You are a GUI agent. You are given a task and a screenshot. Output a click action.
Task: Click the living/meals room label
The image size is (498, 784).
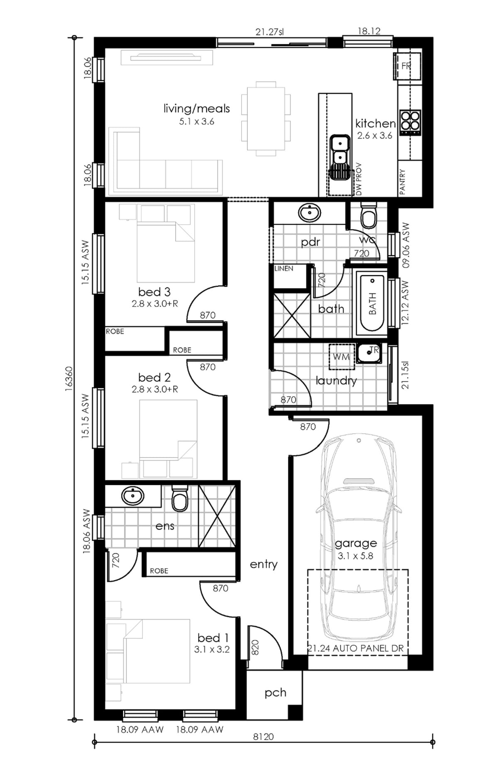pyautogui.click(x=196, y=109)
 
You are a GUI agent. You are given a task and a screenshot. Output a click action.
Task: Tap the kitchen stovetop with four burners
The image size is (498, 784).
pyautogui.click(x=410, y=122)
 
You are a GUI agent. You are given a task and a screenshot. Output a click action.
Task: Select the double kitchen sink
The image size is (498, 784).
pyautogui.click(x=340, y=150)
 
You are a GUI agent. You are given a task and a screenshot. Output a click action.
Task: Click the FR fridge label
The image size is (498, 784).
pyautogui.click(x=406, y=66)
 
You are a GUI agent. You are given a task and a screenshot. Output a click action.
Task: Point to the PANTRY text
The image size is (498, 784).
pyautogui.click(x=402, y=181)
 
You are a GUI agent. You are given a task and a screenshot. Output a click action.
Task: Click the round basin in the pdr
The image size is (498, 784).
pyautogui.click(x=309, y=213)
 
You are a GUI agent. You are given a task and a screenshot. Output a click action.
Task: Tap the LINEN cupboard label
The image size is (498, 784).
pyautogui.click(x=284, y=269)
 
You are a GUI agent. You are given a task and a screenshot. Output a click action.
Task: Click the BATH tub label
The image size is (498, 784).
pyautogui.click(x=372, y=303)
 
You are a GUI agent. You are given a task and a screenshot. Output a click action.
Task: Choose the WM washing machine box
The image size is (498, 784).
pyautogui.click(x=341, y=357)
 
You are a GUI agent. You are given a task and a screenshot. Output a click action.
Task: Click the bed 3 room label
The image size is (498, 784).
pyautogui.click(x=154, y=292)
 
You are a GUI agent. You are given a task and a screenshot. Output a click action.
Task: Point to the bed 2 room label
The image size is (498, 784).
pyautogui.click(x=154, y=377)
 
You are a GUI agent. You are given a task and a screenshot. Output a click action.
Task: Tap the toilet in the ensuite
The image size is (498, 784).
pyautogui.click(x=180, y=498)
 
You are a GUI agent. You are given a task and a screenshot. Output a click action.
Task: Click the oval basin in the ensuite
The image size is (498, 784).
pyautogui.click(x=133, y=496)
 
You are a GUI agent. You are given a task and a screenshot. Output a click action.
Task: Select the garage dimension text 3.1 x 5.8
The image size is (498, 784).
pyautogui.click(x=355, y=556)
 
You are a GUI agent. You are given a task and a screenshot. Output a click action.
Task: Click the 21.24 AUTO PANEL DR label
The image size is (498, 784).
pyautogui.click(x=356, y=648)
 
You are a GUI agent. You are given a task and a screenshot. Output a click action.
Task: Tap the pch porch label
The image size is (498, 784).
pyautogui.click(x=276, y=693)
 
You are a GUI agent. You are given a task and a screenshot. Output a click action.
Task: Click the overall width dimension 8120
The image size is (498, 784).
pyautogui.click(x=264, y=736)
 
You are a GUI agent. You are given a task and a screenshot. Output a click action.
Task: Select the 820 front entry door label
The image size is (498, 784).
pyautogui.click(x=255, y=648)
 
